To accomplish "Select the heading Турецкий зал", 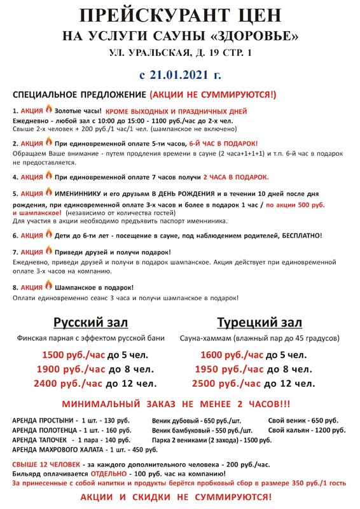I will coord(259,322).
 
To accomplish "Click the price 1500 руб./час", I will coord(73,355).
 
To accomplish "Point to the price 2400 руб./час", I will coord(69,383).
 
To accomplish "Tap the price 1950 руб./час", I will coord(228,369).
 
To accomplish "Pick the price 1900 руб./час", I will coord(72,369).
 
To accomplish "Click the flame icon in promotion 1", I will coord(48,109).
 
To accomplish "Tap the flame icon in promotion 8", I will coord(48,286).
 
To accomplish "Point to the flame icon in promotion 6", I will coord(48,235).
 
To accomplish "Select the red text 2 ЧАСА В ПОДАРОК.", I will coord(235,177).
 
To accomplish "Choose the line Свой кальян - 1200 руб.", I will coord(307,431).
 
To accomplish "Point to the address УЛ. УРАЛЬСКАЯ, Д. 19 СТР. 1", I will coord(179,53).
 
